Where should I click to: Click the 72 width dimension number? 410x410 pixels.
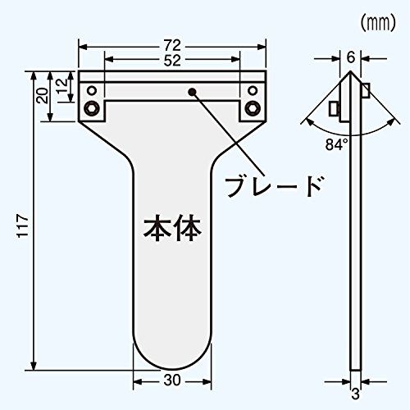click(172, 45)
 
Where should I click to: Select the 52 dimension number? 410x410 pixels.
click(172, 61)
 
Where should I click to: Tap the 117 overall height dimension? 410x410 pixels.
click(23, 226)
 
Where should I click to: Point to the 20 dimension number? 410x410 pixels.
click(43, 96)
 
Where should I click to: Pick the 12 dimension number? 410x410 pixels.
click(62, 86)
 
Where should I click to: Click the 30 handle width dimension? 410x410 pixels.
click(172, 380)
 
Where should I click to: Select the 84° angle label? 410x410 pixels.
click(336, 144)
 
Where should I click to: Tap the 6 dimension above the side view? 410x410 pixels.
click(351, 57)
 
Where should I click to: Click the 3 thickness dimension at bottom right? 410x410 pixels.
click(355, 394)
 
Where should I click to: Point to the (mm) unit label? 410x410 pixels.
click(378, 23)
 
